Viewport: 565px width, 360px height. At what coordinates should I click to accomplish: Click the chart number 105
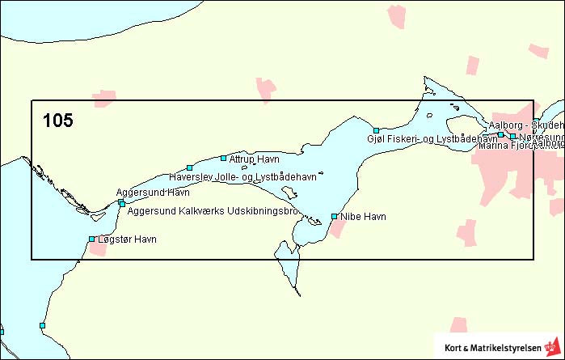58,121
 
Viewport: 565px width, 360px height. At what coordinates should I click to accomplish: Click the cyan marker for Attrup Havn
224,158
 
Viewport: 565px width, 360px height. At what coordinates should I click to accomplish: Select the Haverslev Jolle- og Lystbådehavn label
242,176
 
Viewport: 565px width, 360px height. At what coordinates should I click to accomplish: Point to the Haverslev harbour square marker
189,167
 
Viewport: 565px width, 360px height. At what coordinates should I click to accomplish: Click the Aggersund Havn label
153,193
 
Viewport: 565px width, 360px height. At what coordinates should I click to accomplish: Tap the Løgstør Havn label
126,239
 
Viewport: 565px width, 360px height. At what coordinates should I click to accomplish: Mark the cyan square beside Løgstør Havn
91,239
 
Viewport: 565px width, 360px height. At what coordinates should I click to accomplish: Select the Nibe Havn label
364,217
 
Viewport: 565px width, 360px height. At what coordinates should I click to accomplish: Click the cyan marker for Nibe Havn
335,216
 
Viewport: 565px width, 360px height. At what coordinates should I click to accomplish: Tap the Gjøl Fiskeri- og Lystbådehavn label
432,139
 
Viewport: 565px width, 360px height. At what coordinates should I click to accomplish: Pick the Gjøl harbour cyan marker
376,130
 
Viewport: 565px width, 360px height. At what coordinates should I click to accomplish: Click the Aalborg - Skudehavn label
526,125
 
